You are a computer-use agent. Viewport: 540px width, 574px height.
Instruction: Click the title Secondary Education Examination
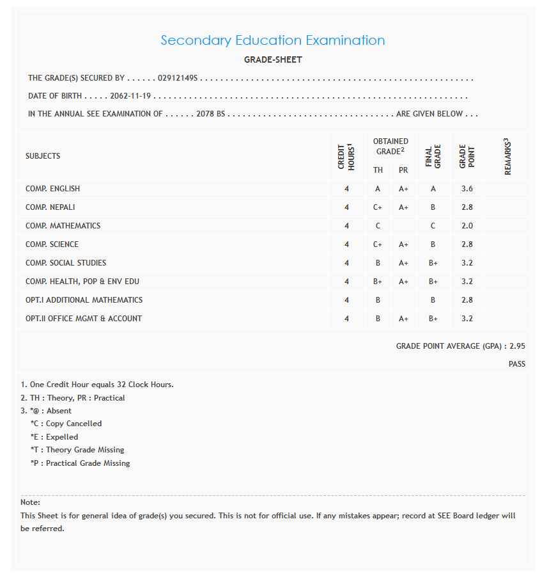(x=272, y=40)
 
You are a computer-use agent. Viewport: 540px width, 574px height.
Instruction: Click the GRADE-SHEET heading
(x=273, y=60)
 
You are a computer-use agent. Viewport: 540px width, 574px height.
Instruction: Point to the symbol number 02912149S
(x=178, y=78)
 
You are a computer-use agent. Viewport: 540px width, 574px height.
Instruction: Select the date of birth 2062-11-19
(x=130, y=96)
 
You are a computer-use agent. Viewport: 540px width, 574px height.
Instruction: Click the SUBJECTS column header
(x=43, y=156)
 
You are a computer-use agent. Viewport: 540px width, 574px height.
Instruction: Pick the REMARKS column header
(x=509, y=156)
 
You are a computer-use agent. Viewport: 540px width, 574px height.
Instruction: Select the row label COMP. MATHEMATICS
(x=63, y=226)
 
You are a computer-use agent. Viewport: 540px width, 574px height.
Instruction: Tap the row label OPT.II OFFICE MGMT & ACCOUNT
(x=84, y=319)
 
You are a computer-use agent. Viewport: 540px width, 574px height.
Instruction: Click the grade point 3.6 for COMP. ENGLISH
(x=467, y=189)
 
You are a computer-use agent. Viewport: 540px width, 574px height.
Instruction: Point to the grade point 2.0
(x=467, y=226)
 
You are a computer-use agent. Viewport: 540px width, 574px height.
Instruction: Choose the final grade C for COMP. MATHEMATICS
(x=433, y=226)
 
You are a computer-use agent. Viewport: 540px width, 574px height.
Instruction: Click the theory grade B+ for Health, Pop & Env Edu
(x=378, y=282)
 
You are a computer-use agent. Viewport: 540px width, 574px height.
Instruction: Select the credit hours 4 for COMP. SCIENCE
(x=346, y=244)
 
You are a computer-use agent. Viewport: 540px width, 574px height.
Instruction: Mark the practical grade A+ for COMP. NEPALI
(x=403, y=207)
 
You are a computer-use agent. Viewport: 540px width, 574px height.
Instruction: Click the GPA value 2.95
(x=517, y=346)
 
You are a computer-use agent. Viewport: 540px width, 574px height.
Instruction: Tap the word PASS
(x=517, y=364)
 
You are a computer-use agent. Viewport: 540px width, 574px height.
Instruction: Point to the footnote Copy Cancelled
(x=73, y=424)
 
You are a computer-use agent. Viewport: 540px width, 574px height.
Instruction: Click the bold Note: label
(x=30, y=502)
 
